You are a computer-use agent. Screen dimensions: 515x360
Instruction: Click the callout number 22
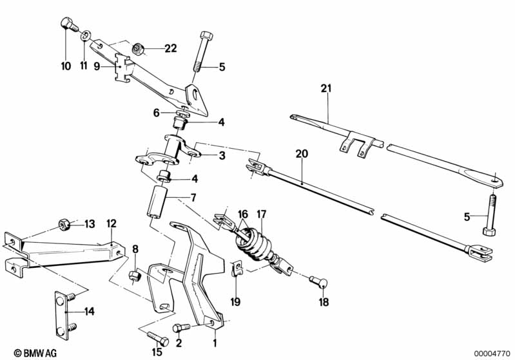[x=170, y=48]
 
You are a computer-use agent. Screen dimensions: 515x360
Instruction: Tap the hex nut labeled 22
[x=137, y=49]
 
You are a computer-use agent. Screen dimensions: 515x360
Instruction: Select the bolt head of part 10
[x=66, y=23]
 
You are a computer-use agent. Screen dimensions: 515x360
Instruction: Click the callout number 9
[x=97, y=66]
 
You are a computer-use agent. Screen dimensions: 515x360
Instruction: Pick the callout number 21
[x=326, y=88]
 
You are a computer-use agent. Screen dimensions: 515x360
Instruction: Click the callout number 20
[x=302, y=153]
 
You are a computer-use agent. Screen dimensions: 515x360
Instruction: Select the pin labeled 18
[x=319, y=282]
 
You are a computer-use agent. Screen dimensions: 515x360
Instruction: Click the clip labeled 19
[x=237, y=269]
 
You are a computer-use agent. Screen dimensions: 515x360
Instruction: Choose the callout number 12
[x=112, y=223]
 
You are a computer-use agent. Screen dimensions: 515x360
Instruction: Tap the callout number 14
[x=90, y=311]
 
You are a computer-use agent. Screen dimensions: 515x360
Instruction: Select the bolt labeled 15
[x=158, y=338]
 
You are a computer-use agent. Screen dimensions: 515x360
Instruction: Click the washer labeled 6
[x=182, y=113]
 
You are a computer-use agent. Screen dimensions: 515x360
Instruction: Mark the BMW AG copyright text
[x=35, y=353]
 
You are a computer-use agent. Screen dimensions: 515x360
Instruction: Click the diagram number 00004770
[x=492, y=354]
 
